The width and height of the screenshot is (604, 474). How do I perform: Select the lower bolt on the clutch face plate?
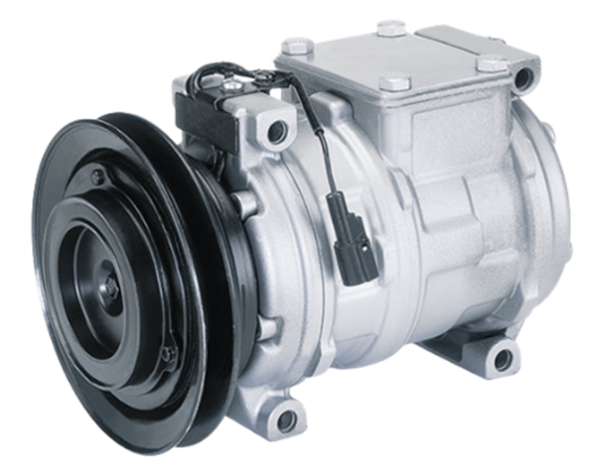[x=170, y=352]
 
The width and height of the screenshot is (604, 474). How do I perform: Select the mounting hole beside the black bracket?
[x=276, y=131]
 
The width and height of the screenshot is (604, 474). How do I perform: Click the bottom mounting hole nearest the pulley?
[x=284, y=420]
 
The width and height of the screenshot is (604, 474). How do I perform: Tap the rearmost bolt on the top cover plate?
[x=392, y=27]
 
